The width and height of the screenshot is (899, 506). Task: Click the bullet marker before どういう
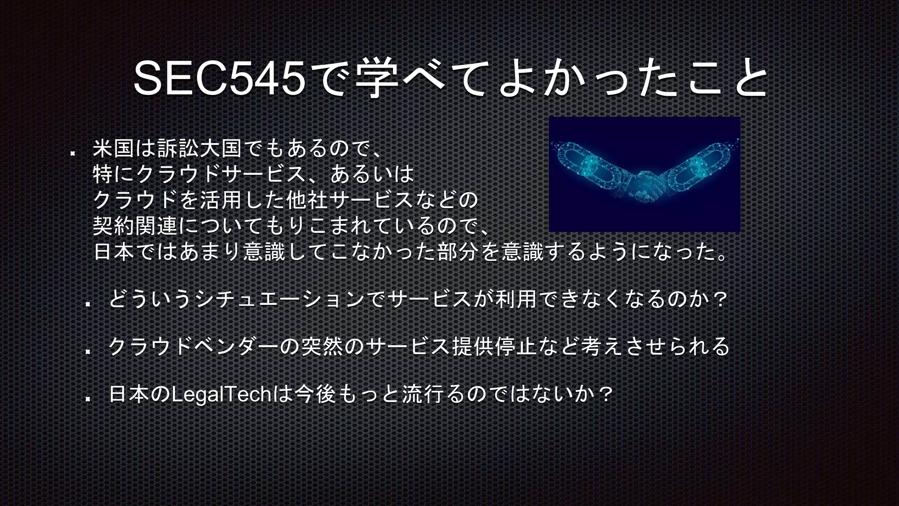(88, 304)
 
